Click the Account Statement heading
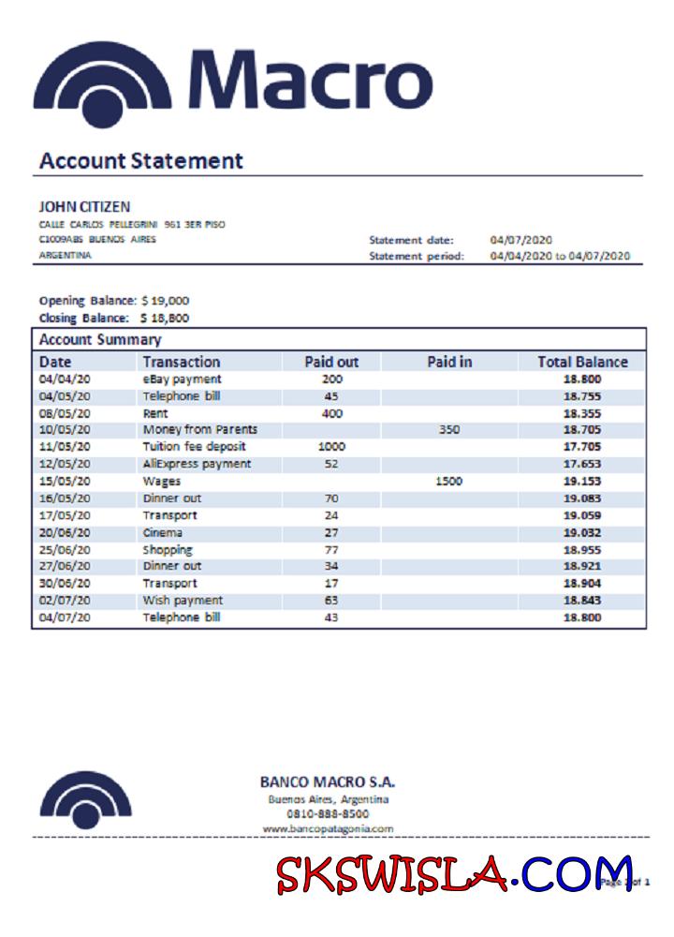tap(141, 160)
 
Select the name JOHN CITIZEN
tap(84, 206)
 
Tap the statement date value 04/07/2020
tap(521, 240)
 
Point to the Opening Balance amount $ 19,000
tap(165, 301)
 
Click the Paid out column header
tap(331, 362)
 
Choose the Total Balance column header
tap(582, 362)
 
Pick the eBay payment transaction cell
tap(182, 379)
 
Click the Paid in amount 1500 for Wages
tap(449, 481)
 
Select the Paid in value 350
tap(449, 430)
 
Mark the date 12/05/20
tap(65, 464)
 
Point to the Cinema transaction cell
tap(163, 532)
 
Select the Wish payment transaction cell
tap(183, 600)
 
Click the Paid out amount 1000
tap(331, 447)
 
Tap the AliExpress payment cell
tap(197, 464)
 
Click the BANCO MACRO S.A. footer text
tap(328, 781)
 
